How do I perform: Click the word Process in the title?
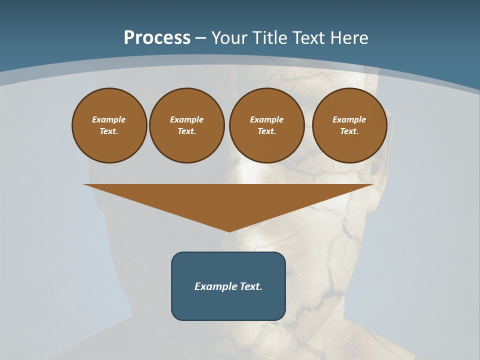pos(157,38)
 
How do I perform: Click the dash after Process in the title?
pos(200,38)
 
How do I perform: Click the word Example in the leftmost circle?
pos(109,119)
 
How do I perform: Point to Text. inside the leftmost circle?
pos(109,131)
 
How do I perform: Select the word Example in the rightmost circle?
pos(349,119)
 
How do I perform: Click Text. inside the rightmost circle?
pos(349,131)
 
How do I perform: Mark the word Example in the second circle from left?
pos(186,119)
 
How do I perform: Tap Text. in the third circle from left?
pos(266,131)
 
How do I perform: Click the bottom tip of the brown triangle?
pos(229,230)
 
